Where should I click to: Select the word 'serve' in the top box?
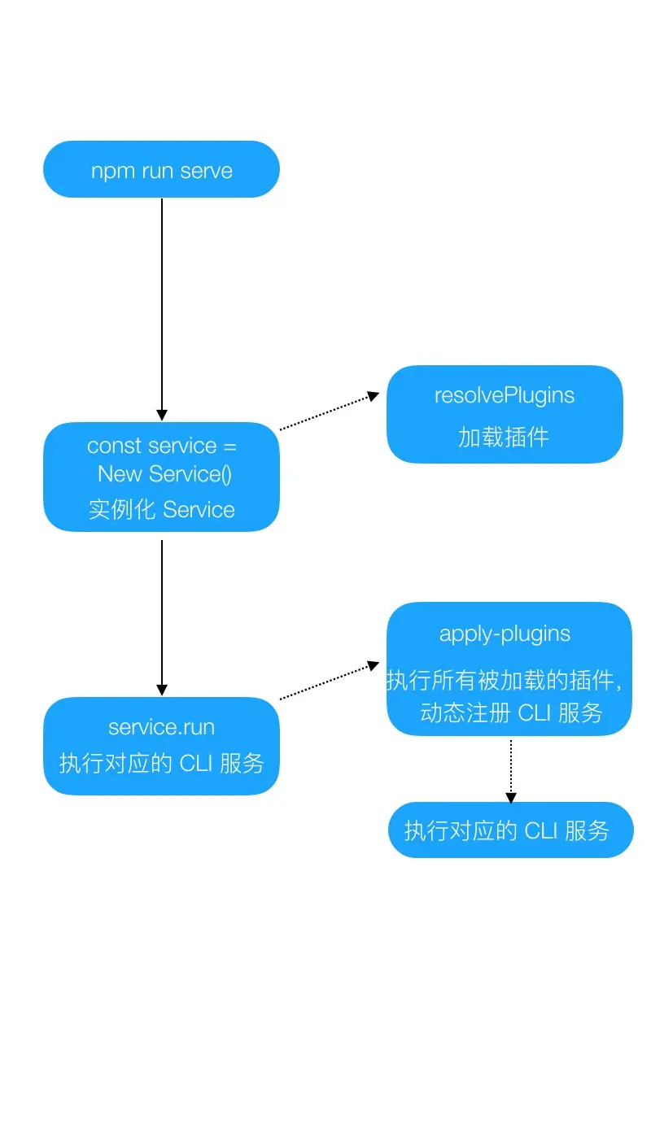pos(207,172)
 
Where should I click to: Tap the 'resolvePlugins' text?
pos(505,396)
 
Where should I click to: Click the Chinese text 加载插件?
pos(505,438)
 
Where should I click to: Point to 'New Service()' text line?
pos(165,474)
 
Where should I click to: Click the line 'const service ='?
pos(162,446)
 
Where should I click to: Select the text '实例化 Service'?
pos(162,510)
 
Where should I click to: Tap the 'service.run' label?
pos(161,726)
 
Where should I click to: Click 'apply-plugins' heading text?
pos(505,634)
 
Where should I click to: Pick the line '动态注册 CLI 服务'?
pos(511,713)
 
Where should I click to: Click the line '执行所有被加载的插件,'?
pos(505,681)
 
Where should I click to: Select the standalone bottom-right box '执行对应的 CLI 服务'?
pos(510,830)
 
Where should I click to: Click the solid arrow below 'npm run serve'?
pos(161,309)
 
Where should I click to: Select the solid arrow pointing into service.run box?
pos(161,618)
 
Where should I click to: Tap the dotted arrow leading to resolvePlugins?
pos(329,412)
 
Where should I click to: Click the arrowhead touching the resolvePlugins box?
pos(374,396)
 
